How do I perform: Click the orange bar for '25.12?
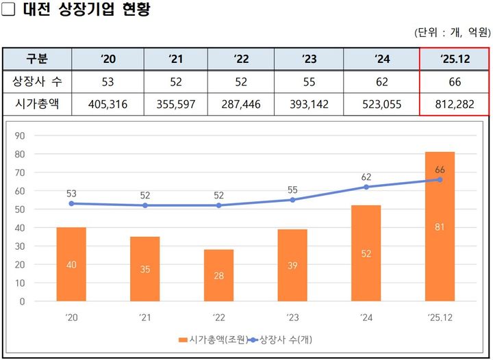(x=440, y=226)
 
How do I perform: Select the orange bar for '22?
(x=218, y=275)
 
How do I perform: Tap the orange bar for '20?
(x=71, y=264)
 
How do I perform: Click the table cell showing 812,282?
(x=455, y=104)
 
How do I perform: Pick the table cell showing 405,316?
(x=108, y=104)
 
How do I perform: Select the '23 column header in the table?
(x=309, y=60)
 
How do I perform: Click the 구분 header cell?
(x=37, y=60)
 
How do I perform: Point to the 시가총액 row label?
(x=37, y=104)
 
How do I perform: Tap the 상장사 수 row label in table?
(x=37, y=82)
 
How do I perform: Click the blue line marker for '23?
(x=292, y=200)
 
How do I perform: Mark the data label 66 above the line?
(x=440, y=169)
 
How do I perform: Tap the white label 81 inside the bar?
(x=440, y=227)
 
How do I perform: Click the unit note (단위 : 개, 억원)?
(x=452, y=32)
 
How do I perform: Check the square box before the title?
(x=8, y=10)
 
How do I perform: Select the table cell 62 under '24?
(x=381, y=82)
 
